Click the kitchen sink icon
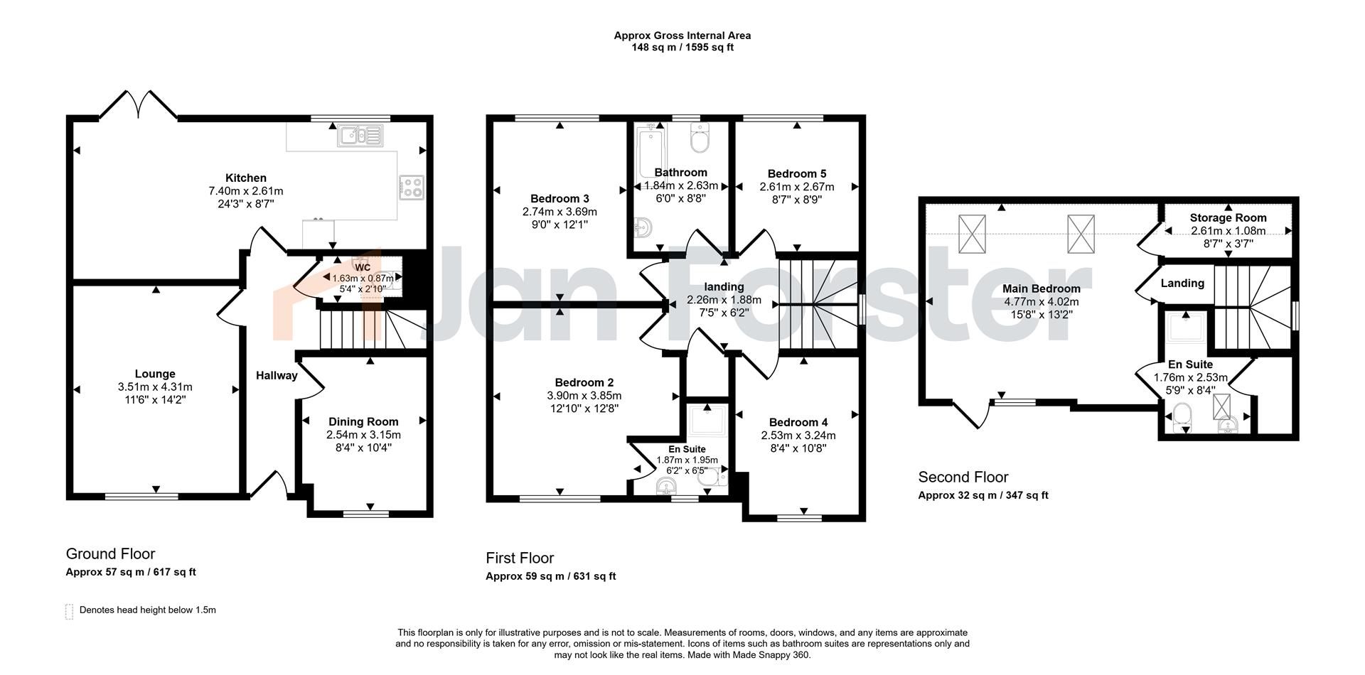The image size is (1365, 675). [x=360, y=135]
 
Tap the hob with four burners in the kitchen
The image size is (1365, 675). [x=412, y=187]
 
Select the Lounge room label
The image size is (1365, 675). [x=155, y=374]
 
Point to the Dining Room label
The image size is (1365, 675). [x=363, y=422]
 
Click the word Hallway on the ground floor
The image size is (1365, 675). [x=277, y=376]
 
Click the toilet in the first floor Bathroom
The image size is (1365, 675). [x=700, y=138]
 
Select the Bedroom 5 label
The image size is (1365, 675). [x=797, y=173]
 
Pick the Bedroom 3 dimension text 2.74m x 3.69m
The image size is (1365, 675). [x=560, y=212]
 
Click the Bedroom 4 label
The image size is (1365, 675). [x=798, y=422]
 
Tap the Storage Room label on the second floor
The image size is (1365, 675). [x=1228, y=218]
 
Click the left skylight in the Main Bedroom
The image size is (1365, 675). [x=973, y=234]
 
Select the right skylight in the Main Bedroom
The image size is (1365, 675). [x=1081, y=234]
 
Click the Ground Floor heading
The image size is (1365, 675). [x=110, y=554]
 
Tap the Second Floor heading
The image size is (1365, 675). [x=963, y=477]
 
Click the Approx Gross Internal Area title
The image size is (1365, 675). [x=682, y=36]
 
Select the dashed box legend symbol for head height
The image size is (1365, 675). [x=69, y=611]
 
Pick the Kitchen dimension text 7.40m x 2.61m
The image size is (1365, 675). [x=246, y=191]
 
